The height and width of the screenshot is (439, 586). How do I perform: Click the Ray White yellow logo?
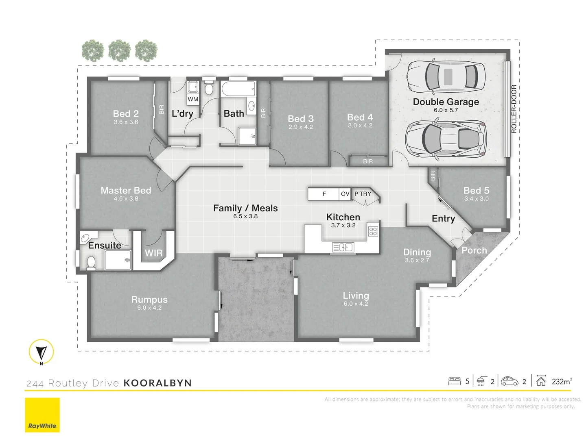coord(42,415)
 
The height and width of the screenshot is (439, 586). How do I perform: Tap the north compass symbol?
coord(41,352)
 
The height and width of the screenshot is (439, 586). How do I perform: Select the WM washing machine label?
coord(193,100)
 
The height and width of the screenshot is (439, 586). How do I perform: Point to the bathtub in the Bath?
coord(238,89)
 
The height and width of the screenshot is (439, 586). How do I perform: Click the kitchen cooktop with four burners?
coord(373,231)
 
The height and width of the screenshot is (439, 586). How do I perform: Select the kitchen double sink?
coord(343,248)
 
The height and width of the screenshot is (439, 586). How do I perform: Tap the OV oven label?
coord(345,194)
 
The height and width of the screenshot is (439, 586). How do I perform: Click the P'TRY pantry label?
coord(363,194)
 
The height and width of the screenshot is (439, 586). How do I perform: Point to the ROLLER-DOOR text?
coord(514,109)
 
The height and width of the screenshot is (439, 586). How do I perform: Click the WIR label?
coord(153,253)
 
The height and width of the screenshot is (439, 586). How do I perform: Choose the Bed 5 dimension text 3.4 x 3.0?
coord(476,199)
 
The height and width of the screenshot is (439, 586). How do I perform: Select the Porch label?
coord(474,250)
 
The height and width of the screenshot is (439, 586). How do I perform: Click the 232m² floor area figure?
coord(562,381)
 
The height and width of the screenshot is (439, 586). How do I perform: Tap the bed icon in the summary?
coord(455,381)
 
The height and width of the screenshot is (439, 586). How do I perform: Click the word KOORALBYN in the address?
coord(157,383)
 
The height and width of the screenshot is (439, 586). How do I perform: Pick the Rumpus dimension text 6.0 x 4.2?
coord(149,308)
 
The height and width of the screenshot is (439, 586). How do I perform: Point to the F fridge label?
coord(324,194)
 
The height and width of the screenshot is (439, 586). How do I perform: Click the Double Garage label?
coord(446,102)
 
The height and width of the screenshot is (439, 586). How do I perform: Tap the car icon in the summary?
coord(509,381)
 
